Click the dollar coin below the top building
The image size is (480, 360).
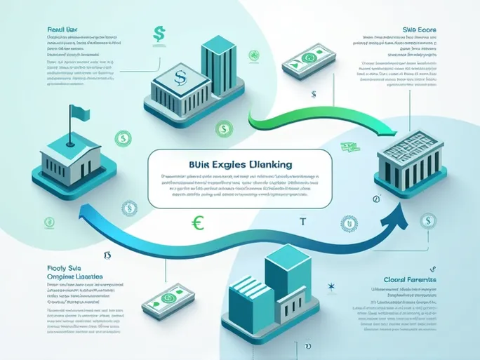pos(224,128)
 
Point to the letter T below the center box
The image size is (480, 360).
pos(303,222)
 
